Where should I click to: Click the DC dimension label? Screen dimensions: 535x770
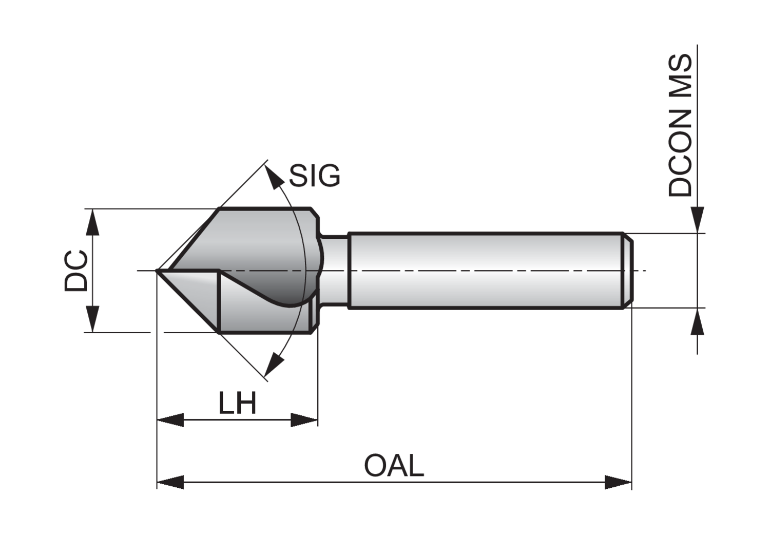tap(76, 271)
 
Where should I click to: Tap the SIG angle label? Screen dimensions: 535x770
tap(314, 176)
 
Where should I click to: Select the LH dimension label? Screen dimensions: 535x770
tap(237, 404)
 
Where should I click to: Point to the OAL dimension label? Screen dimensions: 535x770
tap(394, 466)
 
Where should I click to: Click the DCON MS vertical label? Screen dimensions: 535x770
tap(681, 126)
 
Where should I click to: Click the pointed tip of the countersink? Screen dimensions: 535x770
tap(158, 270)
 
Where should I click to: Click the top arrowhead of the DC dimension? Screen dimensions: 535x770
tap(92, 222)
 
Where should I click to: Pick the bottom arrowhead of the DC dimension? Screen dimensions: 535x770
tap(92, 319)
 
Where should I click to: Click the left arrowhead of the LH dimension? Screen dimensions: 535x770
tap(169, 420)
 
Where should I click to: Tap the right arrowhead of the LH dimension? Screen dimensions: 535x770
tap(305, 420)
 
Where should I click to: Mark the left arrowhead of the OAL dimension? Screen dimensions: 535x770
tap(170, 482)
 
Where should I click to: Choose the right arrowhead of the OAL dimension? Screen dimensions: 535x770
tap(619, 482)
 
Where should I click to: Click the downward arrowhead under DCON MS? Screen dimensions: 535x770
tap(697, 220)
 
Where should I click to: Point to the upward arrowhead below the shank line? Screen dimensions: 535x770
tap(697, 321)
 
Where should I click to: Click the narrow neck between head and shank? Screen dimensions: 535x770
tap(335, 271)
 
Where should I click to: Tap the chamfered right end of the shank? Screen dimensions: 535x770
tap(628, 271)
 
